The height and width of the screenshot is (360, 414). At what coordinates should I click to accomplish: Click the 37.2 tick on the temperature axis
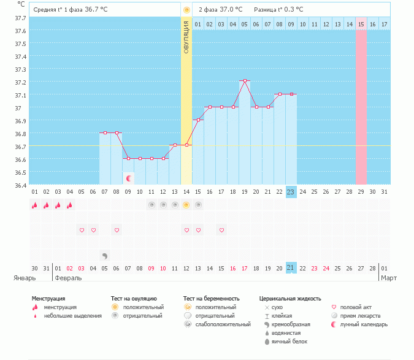coord(20,82)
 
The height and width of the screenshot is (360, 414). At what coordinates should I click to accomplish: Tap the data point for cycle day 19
coord(245,81)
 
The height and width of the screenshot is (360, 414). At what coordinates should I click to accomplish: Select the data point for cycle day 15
coord(198,120)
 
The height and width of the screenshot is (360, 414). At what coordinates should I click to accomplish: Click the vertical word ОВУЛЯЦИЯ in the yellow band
coord(186,36)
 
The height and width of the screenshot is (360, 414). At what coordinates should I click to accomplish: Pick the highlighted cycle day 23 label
coord(291,192)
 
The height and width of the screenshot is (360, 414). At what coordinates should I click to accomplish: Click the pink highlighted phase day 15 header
coord(361,24)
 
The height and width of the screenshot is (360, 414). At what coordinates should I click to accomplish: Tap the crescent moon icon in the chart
coord(129,178)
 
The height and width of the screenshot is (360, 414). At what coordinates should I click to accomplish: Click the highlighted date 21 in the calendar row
coord(291,268)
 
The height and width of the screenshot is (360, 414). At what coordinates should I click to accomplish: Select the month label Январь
coord(25,278)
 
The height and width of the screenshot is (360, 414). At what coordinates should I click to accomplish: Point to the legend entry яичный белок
coord(289,341)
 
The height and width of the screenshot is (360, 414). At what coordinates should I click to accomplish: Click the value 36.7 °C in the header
coord(96,10)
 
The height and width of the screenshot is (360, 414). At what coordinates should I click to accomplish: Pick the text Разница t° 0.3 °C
coord(278,10)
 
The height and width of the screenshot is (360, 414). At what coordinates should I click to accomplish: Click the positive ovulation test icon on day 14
coord(186,205)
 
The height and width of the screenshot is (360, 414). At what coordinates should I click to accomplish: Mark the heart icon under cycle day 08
coord(117,230)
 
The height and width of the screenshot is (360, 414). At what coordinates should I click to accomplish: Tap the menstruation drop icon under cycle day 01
coord(35,205)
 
